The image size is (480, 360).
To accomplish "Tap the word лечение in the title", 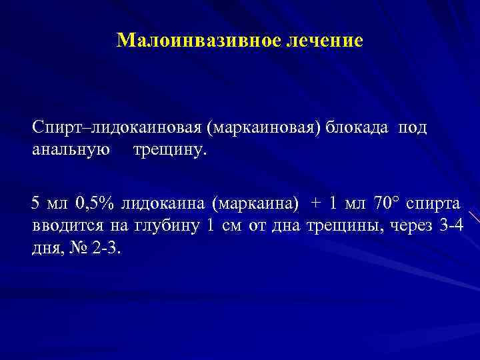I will click(325, 41).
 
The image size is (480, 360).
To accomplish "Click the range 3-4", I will click(452, 226).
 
